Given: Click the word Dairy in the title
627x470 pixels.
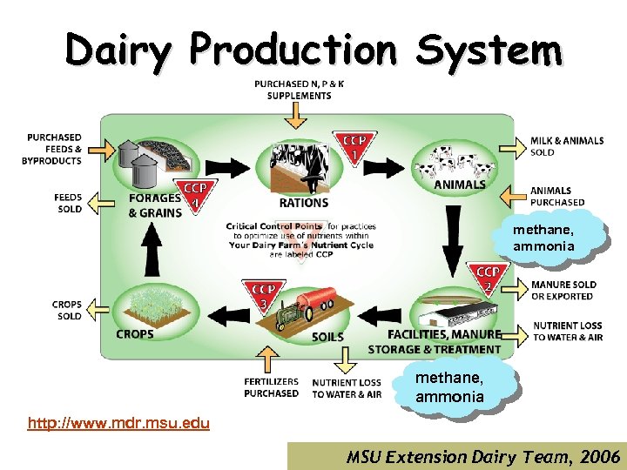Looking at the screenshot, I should pos(121,50).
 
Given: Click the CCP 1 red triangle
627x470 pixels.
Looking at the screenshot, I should pos(354,146).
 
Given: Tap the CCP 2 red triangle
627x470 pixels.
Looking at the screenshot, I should pos(488,279).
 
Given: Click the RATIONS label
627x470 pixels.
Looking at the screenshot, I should pos(304,203).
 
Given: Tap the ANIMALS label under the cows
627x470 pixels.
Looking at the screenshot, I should pos(459,185).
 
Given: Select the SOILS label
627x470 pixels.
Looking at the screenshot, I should pos(327,336).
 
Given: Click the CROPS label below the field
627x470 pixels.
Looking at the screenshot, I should pos(135,333).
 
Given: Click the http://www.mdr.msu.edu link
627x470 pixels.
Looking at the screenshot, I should pos(118,424).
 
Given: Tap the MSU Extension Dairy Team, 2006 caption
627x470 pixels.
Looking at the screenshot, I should pos(482,456).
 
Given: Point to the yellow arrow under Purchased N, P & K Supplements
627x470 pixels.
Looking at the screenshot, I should pos(297,116).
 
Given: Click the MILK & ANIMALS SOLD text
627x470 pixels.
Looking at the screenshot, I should pos(567,146).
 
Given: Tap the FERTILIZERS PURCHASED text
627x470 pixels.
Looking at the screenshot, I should pos(271,387).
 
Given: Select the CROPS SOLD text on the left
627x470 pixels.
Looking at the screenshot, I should pos(67,310).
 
